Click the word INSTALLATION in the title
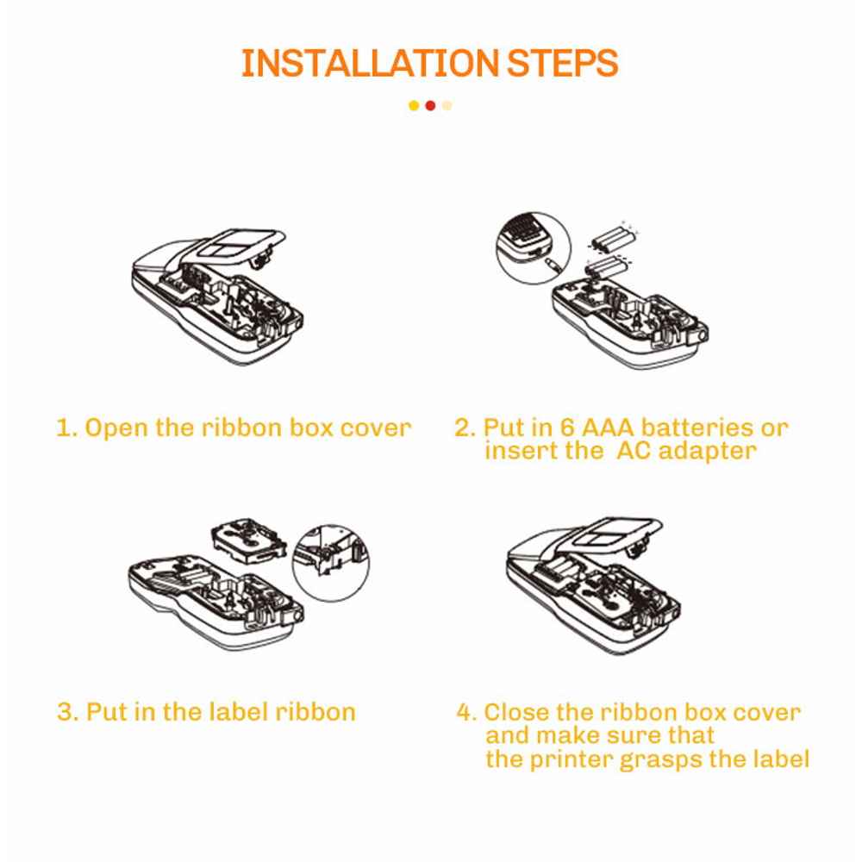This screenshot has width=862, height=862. tap(369, 63)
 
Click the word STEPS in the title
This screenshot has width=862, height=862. tap(562, 63)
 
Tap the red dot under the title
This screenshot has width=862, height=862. tap(430, 105)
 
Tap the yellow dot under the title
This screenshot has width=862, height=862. tap(414, 105)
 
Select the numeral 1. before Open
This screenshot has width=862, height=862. tap(67, 428)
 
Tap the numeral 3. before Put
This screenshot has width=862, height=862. tap(68, 712)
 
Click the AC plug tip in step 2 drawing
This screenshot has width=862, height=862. tap(553, 265)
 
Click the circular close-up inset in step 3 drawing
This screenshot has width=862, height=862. tap(330, 562)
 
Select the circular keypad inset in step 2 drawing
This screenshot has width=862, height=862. tap(534, 247)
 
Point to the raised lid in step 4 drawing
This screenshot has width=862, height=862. tap(610, 536)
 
